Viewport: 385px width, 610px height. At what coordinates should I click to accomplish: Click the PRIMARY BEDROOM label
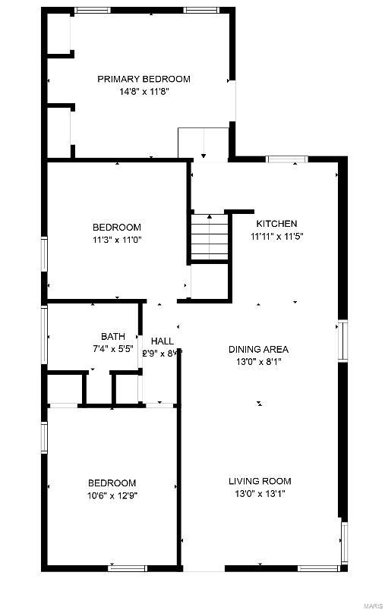tap(144, 79)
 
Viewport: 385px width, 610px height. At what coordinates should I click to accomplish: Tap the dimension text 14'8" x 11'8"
tap(144, 91)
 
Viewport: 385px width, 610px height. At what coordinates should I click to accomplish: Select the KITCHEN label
tap(276, 224)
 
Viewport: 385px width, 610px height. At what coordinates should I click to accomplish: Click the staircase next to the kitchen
tap(209, 237)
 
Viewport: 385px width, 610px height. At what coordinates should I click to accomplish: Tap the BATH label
tap(113, 337)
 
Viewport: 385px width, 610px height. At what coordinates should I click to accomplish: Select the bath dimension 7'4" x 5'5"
tap(113, 349)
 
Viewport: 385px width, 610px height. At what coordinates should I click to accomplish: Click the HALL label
tap(163, 341)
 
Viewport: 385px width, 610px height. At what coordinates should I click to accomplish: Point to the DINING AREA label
tap(259, 350)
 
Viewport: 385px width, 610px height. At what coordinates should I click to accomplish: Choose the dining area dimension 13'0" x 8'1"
tap(259, 362)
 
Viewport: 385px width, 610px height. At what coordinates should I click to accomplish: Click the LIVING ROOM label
tap(260, 481)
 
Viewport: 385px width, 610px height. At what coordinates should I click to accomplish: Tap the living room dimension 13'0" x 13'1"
tap(260, 493)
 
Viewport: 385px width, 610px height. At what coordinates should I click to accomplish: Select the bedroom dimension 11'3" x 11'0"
tap(117, 240)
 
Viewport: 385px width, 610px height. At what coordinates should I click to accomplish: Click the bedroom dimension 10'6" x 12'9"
tap(112, 495)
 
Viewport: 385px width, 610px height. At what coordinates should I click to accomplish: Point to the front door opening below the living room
tap(204, 569)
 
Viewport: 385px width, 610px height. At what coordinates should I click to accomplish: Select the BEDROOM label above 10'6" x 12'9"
tap(112, 483)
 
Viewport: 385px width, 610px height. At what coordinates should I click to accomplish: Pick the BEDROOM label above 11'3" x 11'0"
tap(117, 228)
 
